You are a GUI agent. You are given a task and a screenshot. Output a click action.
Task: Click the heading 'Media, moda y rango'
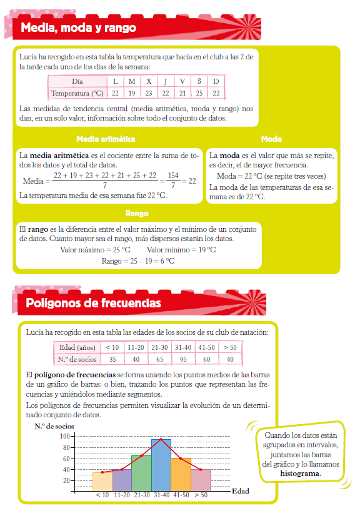click(78, 28)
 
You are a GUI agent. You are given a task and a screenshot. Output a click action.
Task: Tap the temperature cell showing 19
click(131, 93)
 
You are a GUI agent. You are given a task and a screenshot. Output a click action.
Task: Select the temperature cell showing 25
click(199, 93)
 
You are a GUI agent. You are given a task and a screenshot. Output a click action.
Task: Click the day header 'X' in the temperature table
click(148, 81)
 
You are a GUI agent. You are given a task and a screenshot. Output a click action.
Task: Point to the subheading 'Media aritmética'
click(105, 139)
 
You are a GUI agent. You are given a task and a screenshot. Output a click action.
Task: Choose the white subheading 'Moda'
click(271, 139)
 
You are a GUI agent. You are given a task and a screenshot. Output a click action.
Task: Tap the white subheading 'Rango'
click(136, 214)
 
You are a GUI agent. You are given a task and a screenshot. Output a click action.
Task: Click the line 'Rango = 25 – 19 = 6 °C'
click(138, 260)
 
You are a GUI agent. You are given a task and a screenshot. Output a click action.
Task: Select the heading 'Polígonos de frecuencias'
click(93, 303)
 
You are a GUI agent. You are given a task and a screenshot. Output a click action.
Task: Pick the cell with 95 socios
click(184, 359)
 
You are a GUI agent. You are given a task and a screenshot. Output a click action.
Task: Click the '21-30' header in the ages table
click(159, 347)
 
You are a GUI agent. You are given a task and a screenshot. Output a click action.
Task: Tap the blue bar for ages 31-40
click(161, 465)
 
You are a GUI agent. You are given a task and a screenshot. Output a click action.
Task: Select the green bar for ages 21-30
click(141, 474)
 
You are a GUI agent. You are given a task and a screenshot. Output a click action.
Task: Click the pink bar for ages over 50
click(201, 480)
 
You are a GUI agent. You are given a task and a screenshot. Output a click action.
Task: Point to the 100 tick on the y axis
click(64, 435)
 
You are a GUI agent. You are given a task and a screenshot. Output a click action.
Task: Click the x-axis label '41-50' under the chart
click(181, 495)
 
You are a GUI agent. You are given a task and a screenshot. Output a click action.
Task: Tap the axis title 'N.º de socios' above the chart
click(54, 425)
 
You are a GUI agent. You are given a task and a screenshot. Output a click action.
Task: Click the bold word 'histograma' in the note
click(301, 473)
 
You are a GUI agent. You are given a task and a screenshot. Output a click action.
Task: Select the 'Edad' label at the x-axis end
click(240, 491)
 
